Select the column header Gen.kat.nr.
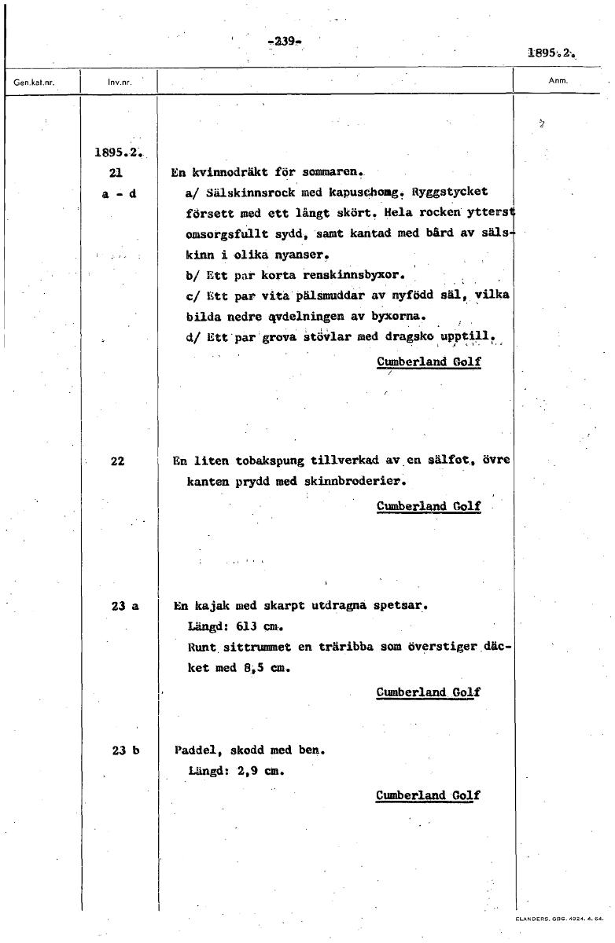[x=31, y=82]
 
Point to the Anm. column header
[x=559, y=80]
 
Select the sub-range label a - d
[x=120, y=192]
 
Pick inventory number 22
[x=118, y=461]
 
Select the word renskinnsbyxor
[x=347, y=276]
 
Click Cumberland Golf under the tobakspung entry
[x=429, y=506]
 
